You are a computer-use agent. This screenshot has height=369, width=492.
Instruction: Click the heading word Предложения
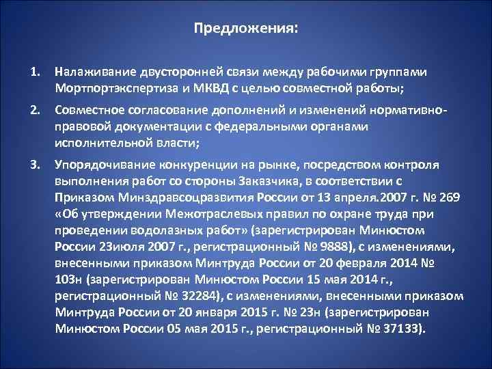[x=245, y=29]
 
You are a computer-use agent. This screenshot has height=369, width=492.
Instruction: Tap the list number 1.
[x=34, y=70]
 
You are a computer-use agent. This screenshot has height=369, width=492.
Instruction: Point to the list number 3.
[x=34, y=165]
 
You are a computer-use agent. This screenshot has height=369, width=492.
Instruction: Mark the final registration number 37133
[x=408, y=328]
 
